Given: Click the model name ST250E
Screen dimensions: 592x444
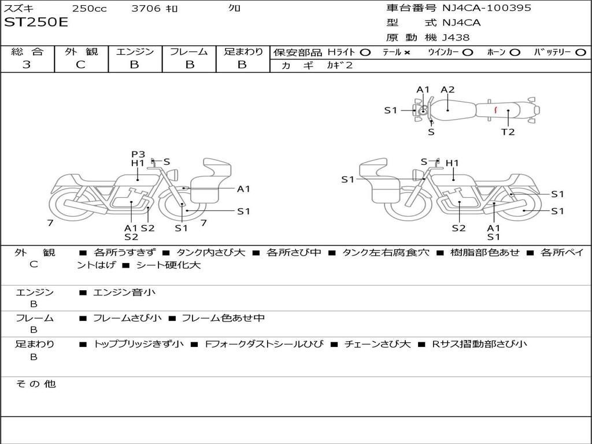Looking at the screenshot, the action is pos(36,23).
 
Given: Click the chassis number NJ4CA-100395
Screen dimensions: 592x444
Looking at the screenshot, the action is pos(486,8).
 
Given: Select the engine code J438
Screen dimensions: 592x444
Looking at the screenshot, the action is pos(456,38).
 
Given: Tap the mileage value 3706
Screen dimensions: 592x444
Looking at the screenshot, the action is pos(147,8).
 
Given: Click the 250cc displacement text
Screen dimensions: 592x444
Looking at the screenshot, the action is pos(89,8).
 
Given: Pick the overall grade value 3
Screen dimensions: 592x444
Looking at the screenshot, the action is pos(27,65).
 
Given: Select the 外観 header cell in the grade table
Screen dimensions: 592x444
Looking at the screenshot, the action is pos(81,51).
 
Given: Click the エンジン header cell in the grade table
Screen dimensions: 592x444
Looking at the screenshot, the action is pos(135,51).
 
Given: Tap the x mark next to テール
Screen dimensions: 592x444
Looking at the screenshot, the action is pos(407,52).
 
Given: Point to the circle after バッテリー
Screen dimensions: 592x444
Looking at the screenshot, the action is pos(581,52).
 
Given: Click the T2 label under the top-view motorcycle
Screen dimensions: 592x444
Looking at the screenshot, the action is pos(508,132).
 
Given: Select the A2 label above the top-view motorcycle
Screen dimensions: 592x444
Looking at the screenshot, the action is pos(447,90).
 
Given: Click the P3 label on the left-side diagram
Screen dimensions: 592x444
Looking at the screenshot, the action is pos(138,154).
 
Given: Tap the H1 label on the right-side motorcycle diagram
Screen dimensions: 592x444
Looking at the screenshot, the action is pos(452,164).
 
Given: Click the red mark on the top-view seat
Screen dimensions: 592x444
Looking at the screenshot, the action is pos(495,109).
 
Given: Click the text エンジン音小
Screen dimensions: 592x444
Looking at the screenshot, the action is pos(124,293).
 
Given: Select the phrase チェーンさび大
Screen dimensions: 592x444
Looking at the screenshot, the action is pos(377,344).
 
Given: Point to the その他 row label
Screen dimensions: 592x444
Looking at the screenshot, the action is pos(35,384).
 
